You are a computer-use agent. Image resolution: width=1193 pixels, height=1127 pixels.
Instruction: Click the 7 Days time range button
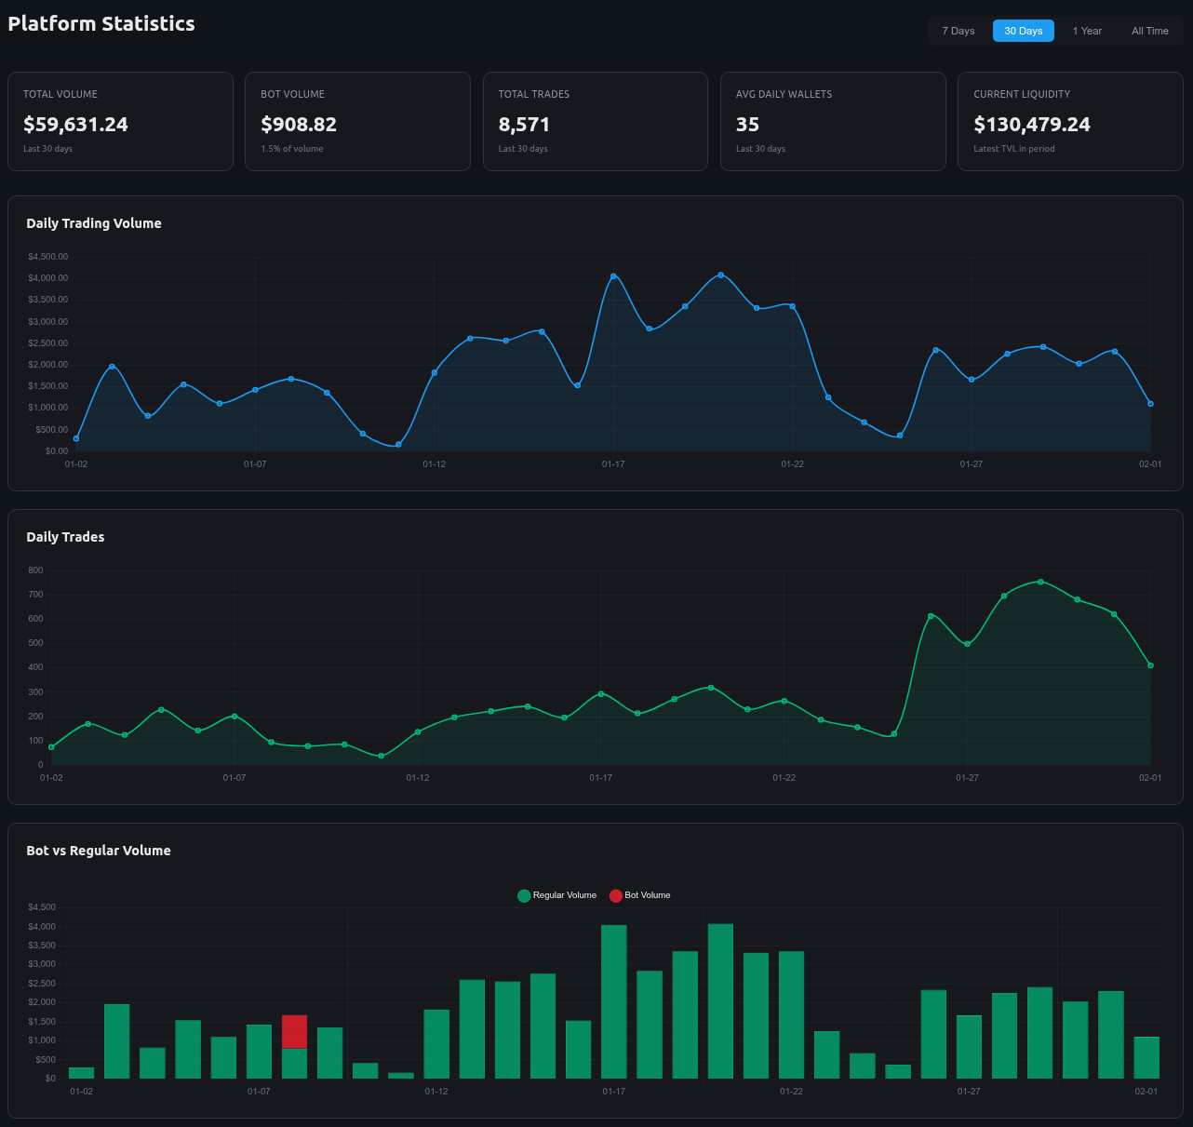coord(958,31)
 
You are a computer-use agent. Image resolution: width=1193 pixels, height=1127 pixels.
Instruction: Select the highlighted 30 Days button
coord(1023,31)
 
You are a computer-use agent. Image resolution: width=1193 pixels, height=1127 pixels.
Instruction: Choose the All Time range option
coord(1149,31)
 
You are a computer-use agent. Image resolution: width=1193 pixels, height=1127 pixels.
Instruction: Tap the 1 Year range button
coord(1086,31)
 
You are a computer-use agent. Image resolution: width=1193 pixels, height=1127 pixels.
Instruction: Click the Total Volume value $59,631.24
coord(75,125)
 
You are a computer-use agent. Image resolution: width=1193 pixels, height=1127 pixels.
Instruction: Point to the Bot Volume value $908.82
coord(299,125)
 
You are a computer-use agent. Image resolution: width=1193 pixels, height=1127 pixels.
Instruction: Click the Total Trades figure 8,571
coord(524,125)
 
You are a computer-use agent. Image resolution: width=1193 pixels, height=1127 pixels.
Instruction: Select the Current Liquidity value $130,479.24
coord(1031,125)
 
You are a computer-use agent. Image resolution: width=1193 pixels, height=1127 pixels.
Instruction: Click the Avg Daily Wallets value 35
coord(747,125)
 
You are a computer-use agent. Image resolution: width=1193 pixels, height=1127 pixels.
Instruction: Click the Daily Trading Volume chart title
coord(94,223)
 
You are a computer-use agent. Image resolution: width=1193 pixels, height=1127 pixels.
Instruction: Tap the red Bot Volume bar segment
coord(294,1031)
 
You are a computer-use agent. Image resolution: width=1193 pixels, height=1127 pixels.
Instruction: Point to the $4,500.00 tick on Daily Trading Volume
coord(47,257)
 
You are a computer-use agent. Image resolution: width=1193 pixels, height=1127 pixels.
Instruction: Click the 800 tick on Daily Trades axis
coord(35,570)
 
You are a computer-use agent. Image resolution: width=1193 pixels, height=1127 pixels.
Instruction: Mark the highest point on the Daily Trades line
coord(1040,582)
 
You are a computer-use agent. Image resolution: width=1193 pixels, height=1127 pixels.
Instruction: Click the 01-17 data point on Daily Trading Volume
coord(613,276)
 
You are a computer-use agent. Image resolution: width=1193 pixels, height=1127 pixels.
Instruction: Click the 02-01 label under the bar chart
coord(1146,1091)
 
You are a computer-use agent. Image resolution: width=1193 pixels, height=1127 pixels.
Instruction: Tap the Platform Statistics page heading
coord(101,24)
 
